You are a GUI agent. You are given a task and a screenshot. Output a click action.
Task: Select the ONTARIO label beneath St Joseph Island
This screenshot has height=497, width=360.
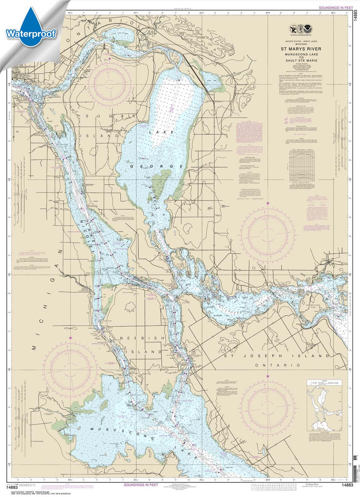coord(277,365)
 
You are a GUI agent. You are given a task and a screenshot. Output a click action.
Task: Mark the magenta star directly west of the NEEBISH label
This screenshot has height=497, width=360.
coord(70,338)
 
